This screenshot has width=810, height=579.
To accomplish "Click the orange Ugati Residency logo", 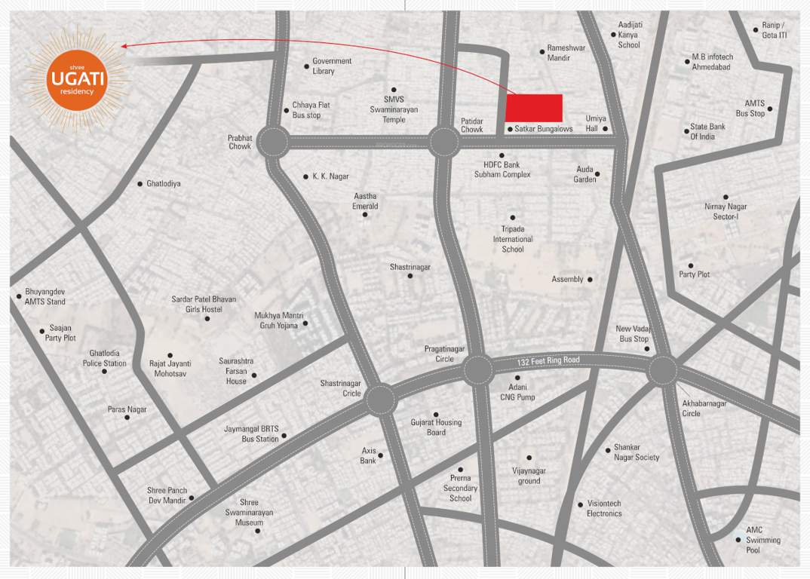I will (72, 78).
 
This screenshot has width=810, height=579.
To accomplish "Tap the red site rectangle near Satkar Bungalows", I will (534, 108).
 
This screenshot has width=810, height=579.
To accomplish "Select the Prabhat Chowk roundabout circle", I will (273, 141).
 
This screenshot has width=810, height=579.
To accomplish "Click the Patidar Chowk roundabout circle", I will (445, 142).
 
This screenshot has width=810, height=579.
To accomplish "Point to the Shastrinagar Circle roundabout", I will (381, 400).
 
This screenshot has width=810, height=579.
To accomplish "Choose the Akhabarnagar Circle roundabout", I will (662, 369).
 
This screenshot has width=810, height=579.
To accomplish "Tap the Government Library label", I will (332, 66).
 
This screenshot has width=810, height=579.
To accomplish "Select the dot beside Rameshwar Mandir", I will (542, 52).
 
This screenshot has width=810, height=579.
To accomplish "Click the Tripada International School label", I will (513, 239).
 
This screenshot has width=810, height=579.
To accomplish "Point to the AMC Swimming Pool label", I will (763, 540).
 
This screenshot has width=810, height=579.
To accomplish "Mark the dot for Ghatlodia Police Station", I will (105, 371).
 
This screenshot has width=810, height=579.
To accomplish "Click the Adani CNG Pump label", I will (516, 392).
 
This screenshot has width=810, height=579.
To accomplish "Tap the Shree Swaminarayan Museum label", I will (249, 513).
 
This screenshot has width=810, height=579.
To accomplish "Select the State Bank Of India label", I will (707, 131).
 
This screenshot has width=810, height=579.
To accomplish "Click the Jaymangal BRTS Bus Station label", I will (251, 433).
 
